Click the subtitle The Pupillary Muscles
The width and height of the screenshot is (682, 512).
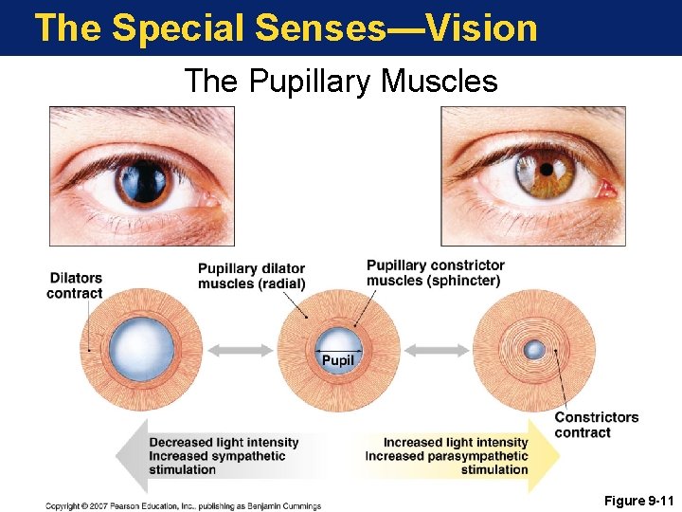[340, 82]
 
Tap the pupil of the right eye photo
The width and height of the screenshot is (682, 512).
[546, 171]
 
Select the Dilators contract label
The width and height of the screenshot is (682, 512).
[74, 285]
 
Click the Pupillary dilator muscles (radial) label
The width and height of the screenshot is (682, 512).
[251, 276]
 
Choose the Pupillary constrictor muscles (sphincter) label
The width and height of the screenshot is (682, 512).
[435, 272]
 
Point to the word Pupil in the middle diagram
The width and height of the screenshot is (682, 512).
[338, 360]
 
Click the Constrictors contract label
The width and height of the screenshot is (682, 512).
[596, 425]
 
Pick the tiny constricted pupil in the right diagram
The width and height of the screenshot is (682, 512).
[535, 350]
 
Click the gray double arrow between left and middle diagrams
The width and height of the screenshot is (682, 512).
[239, 351]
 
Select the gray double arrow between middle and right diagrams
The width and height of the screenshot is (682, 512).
[435, 351]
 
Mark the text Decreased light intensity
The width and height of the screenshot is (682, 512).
[223, 443]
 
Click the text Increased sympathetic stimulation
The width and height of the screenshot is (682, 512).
[216, 463]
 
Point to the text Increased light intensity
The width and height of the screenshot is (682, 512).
[455, 443]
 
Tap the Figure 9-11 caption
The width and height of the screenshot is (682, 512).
[636, 500]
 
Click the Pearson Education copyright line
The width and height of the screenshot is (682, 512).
[183, 506]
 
